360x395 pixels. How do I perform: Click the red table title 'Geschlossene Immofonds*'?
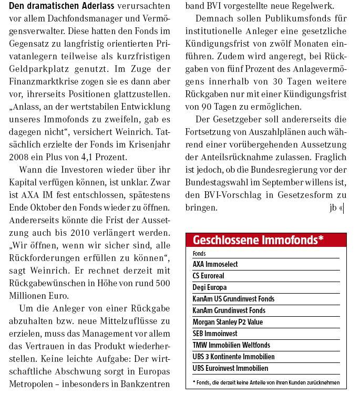click(x=258, y=240)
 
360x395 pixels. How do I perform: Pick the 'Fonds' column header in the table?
click(x=199, y=253)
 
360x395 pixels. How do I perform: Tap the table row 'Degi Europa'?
click(x=210, y=287)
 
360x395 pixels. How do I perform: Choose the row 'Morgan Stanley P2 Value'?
click(x=228, y=322)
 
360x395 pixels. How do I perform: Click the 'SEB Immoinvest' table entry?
click(x=215, y=334)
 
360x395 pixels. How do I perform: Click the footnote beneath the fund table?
click(x=265, y=382)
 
